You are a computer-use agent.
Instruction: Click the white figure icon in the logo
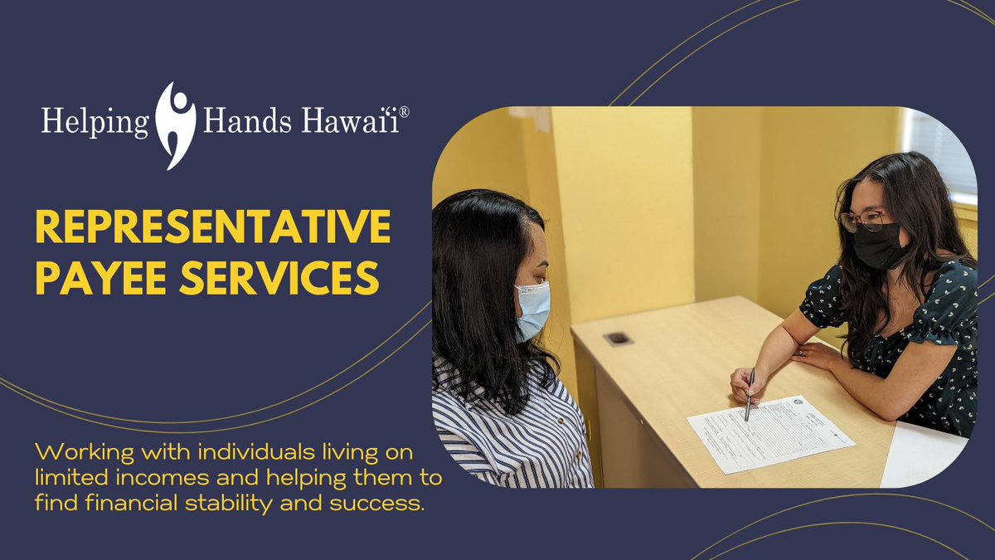click(176, 124)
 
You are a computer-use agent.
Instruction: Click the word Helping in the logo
click(95, 124)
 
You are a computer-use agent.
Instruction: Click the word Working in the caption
click(71, 453)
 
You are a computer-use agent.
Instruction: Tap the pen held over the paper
click(750, 394)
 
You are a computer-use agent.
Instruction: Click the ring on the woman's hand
click(800, 351)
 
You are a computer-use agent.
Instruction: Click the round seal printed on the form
click(797, 404)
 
